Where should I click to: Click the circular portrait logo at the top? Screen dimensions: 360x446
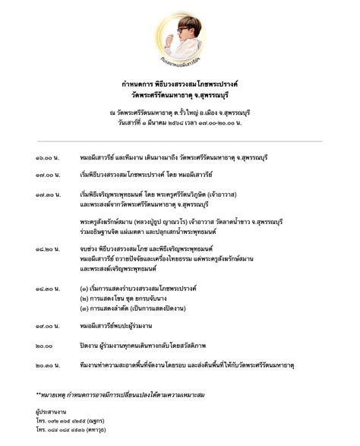(x=180, y=36)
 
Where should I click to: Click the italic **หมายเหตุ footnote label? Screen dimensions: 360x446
(x=54, y=395)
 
